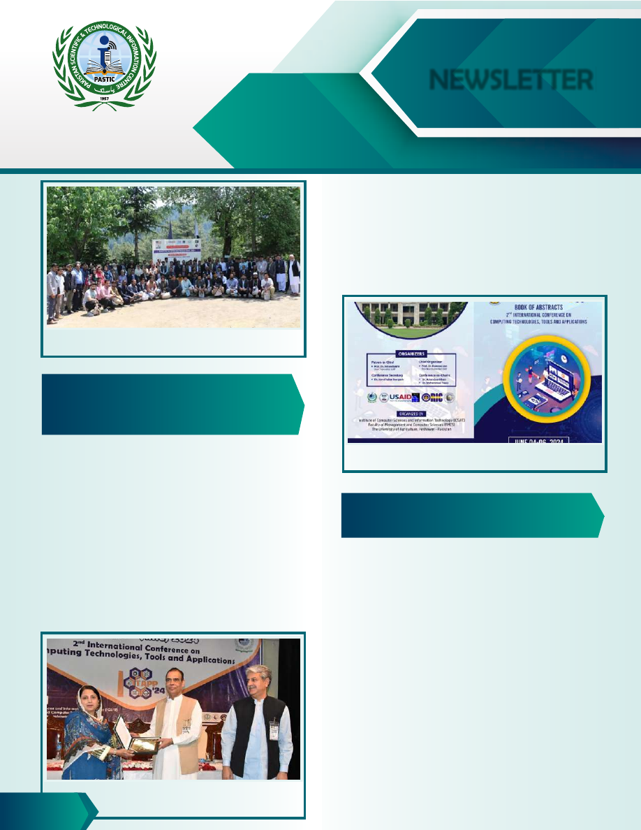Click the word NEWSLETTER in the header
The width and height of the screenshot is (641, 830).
pos(510,80)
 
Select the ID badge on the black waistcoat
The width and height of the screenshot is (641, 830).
pos(274,729)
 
